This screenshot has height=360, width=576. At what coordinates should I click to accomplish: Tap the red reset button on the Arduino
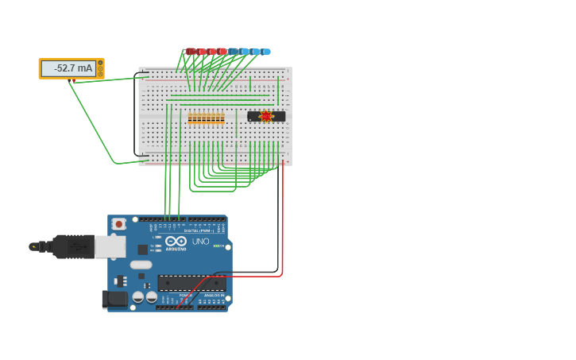coord(118,224)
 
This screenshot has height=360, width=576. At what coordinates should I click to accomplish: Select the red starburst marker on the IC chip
coord(265,116)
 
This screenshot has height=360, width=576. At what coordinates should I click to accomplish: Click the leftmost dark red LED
coord(191,52)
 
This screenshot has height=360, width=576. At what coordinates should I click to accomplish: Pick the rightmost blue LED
coord(266,52)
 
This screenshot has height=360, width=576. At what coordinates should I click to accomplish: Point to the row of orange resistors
coord(206,118)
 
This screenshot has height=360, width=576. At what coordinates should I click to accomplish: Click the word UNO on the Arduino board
coord(200,242)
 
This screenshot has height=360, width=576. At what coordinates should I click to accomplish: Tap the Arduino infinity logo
coord(176,241)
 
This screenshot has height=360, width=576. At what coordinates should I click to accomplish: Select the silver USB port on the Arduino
coord(110,246)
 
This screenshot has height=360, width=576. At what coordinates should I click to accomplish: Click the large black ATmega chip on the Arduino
coord(191,283)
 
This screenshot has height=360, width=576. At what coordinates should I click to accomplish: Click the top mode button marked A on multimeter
coord(100,62)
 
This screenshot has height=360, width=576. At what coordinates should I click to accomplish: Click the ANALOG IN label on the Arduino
coord(212,295)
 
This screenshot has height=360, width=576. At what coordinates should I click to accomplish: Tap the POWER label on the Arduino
coord(185,295)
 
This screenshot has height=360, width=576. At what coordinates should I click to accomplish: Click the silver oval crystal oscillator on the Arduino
coord(141,265)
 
